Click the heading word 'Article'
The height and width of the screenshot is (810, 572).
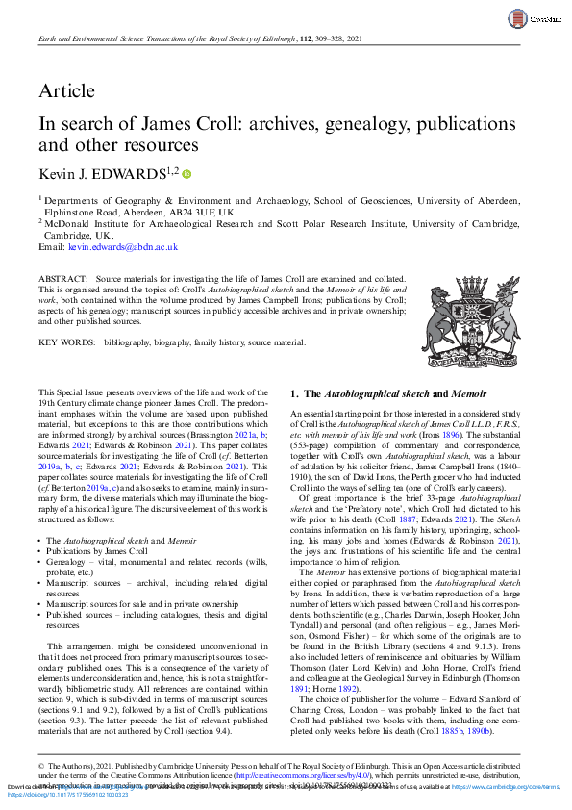pos(66,91)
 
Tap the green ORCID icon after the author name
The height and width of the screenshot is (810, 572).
pos(187,173)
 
